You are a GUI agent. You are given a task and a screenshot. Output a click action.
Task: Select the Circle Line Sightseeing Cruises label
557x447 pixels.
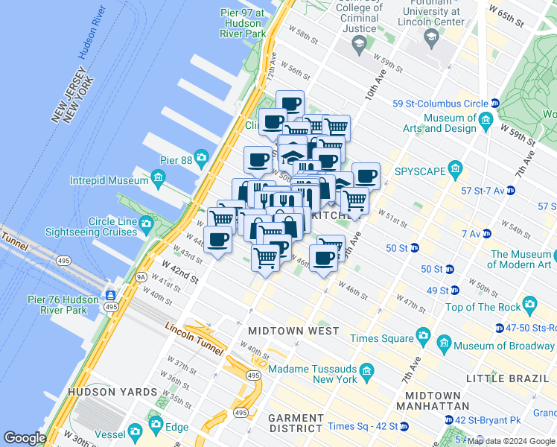[x=102, y=227]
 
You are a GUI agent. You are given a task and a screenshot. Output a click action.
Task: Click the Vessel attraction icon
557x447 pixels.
[x=135, y=431]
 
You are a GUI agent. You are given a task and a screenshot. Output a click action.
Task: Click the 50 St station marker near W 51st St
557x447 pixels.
[x=414, y=247]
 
